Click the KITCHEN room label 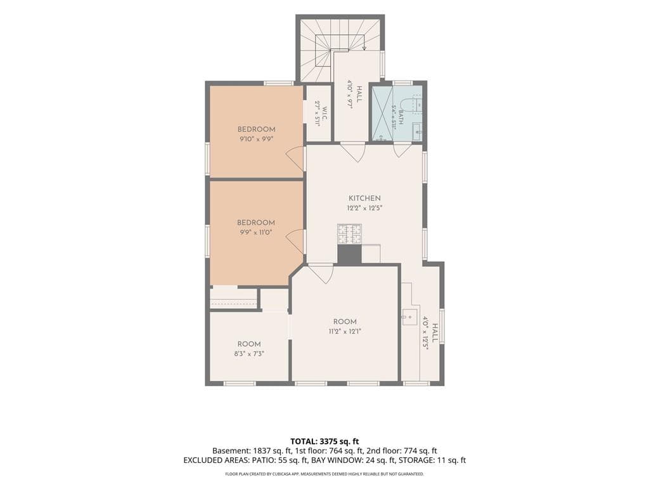click(x=364, y=198)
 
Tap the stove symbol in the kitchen click(x=349, y=234)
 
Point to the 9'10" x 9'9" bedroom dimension click(x=257, y=140)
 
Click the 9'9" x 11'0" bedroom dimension click(x=256, y=233)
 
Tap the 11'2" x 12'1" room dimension click(x=345, y=331)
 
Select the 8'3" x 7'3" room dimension click(x=249, y=354)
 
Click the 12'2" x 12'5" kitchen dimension click(x=364, y=208)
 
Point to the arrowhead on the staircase click(x=364, y=48)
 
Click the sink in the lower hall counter click(x=410, y=317)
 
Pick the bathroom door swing click(x=402, y=150)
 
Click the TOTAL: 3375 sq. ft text click(x=321, y=441)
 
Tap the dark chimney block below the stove click(x=350, y=254)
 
